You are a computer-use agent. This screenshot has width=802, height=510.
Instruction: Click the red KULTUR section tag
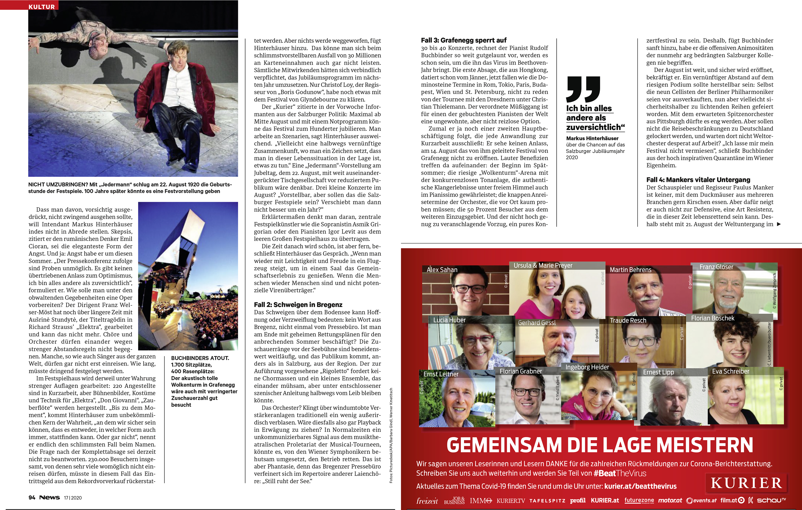pyautogui.click(x=42, y=6)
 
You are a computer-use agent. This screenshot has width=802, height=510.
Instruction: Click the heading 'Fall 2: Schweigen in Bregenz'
pyautogui.click(x=298, y=304)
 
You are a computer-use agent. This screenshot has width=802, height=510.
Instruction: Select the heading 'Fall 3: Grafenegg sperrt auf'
pyautogui.click(x=463, y=40)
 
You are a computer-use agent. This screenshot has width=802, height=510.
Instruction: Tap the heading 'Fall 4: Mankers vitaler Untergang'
pyautogui.click(x=698, y=180)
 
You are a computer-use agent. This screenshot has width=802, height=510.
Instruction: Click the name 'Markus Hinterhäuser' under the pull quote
pyautogui.click(x=592, y=138)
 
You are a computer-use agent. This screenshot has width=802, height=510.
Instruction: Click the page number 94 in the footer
pyautogui.click(x=32, y=497)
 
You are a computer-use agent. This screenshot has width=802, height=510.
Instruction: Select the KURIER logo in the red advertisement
pyautogui.click(x=746, y=483)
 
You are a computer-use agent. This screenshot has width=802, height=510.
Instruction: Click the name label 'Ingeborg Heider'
pyautogui.click(x=587, y=367)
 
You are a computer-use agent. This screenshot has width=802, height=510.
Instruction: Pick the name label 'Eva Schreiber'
pyautogui.click(x=731, y=371)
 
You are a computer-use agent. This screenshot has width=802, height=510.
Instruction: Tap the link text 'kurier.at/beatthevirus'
pyautogui.click(x=640, y=486)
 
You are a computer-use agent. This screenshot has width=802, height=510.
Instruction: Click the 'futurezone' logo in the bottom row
pyautogui.click(x=639, y=500)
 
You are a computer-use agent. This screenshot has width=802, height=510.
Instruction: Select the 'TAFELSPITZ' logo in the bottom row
pyautogui.click(x=547, y=501)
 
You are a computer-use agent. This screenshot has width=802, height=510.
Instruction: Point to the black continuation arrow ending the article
pyautogui.click(x=779, y=224)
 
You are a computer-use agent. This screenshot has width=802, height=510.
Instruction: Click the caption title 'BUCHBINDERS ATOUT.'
pyautogui.click(x=200, y=358)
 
